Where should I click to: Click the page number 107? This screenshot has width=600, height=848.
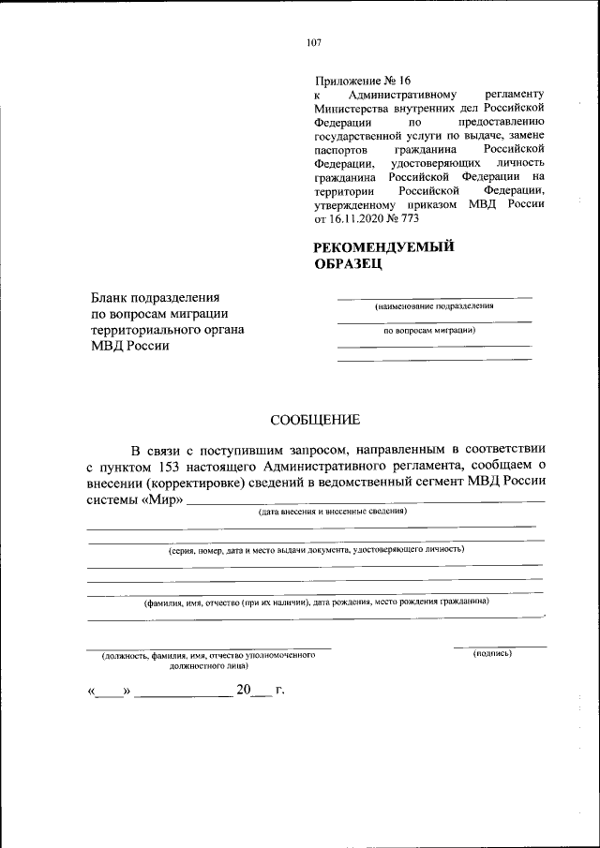click(x=313, y=42)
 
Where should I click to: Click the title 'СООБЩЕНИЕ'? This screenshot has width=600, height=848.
click(x=315, y=420)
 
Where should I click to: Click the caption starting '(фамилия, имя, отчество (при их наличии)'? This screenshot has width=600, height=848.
click(x=316, y=603)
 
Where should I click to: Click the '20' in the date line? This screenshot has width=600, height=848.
click(x=245, y=690)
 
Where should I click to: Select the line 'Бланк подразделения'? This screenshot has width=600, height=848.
click(x=155, y=295)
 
